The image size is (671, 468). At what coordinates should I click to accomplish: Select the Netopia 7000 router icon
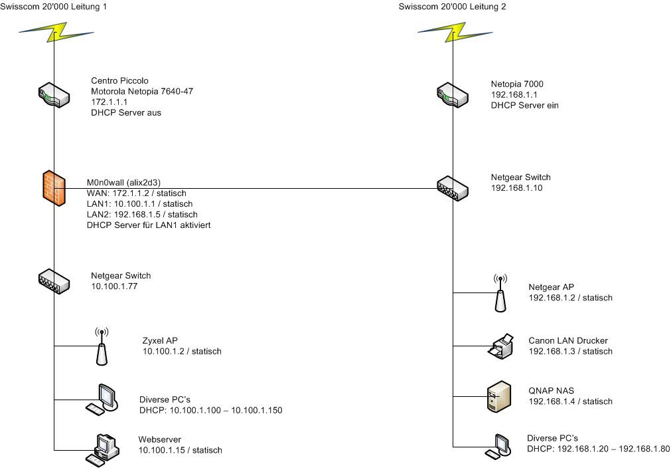(x=453, y=95)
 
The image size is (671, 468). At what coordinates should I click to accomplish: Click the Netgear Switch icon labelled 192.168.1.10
(x=453, y=187)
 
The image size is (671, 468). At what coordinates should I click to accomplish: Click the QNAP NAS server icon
(x=499, y=397)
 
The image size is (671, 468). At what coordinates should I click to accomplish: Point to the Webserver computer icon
(x=103, y=449)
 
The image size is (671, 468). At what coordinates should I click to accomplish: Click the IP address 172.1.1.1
(x=109, y=102)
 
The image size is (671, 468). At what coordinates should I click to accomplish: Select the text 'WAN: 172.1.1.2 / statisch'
(x=137, y=193)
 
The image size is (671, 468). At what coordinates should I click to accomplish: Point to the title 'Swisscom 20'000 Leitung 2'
(x=453, y=7)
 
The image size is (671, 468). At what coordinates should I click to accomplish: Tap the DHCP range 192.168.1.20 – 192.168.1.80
(x=598, y=449)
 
